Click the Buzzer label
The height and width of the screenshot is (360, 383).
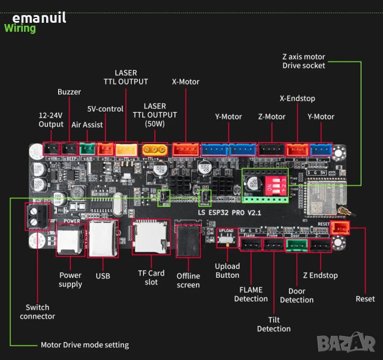point(69,92)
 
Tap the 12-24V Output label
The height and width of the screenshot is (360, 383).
point(51,119)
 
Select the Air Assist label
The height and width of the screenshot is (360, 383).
point(87,125)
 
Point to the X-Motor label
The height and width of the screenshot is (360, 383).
point(185,82)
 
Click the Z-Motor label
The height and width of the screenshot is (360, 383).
point(272,116)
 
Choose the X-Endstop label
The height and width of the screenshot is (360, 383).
point(297,98)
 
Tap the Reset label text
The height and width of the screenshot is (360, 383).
point(365,298)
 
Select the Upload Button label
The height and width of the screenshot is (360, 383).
point(227,271)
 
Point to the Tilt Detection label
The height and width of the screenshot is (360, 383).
point(274,324)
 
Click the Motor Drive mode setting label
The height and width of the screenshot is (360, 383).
point(85,345)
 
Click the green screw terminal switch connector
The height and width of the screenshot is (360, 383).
point(36,217)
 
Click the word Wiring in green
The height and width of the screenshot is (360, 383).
point(20,28)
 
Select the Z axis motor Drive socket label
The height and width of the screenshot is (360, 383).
point(304,61)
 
